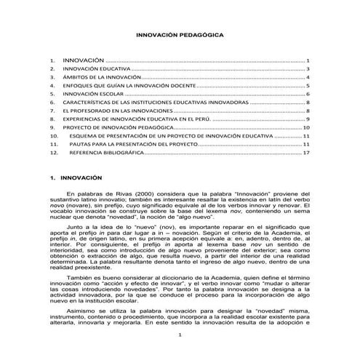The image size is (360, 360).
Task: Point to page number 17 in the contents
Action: click(308, 153)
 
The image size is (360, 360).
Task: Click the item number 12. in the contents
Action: click(53, 153)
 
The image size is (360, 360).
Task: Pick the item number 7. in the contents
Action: click(52, 111)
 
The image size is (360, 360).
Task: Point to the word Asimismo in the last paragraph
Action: click(81, 308)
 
